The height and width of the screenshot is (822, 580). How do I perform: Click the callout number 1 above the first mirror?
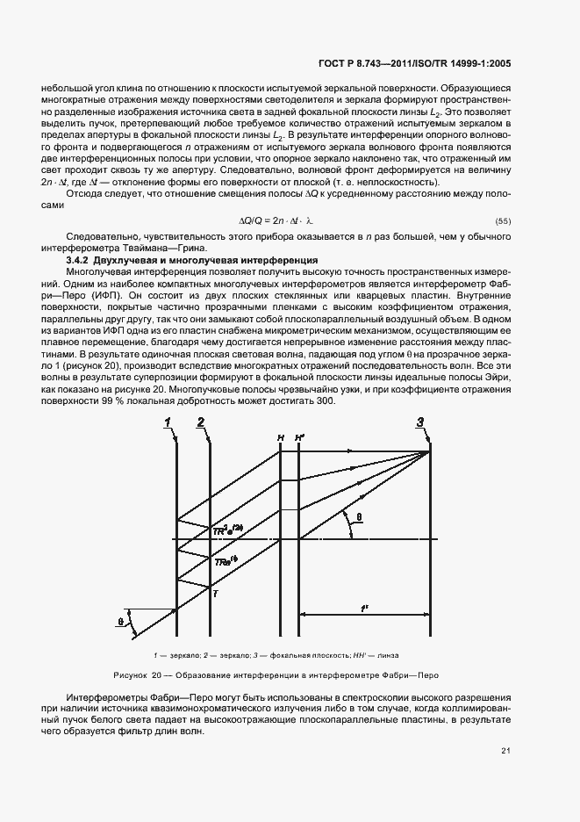pos(166,422)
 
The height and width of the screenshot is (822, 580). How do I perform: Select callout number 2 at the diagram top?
pos(201,422)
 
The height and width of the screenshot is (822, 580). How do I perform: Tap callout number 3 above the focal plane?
pos(420,422)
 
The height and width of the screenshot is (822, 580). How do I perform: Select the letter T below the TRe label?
pos(215,595)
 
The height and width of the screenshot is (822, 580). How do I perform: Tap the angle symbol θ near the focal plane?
pos(359,517)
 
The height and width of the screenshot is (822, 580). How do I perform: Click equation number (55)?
pos(504,220)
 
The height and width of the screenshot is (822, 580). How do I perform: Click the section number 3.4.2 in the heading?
pos(81,261)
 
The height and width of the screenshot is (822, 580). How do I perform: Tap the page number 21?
pos(506,750)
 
